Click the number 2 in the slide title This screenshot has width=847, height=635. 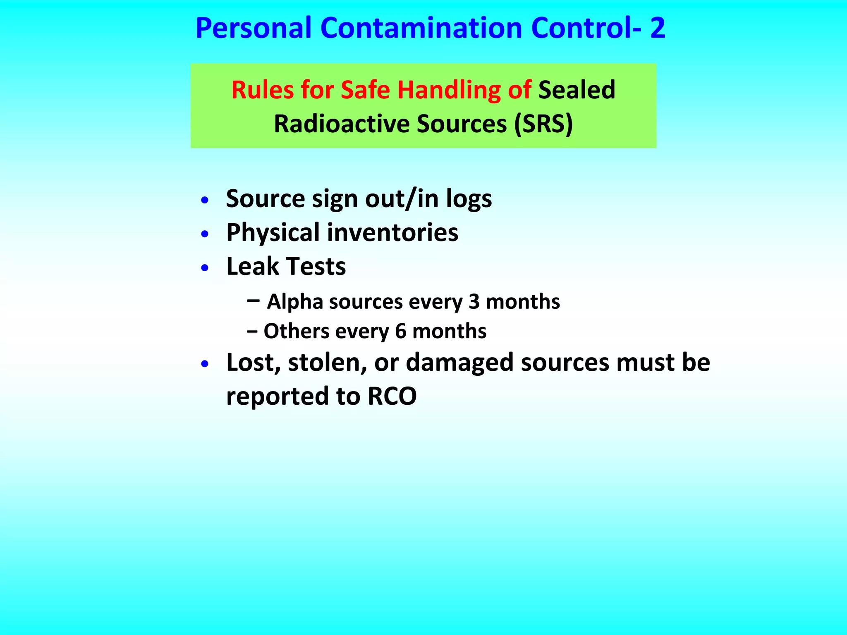[657, 28]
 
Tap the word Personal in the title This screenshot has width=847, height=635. [253, 28]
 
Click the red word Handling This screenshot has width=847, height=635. [449, 90]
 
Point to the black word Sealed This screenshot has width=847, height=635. [577, 90]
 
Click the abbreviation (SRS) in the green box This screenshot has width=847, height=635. [543, 124]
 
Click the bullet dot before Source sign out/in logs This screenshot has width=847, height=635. [204, 201]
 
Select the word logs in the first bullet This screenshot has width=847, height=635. [469, 199]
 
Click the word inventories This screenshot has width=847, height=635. [392, 232]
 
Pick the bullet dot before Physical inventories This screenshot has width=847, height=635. [204, 234]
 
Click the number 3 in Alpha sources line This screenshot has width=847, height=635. [474, 302]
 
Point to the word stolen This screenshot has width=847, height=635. [327, 363]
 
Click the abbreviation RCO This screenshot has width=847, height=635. [392, 396]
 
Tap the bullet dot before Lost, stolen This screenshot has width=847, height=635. [204, 364]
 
